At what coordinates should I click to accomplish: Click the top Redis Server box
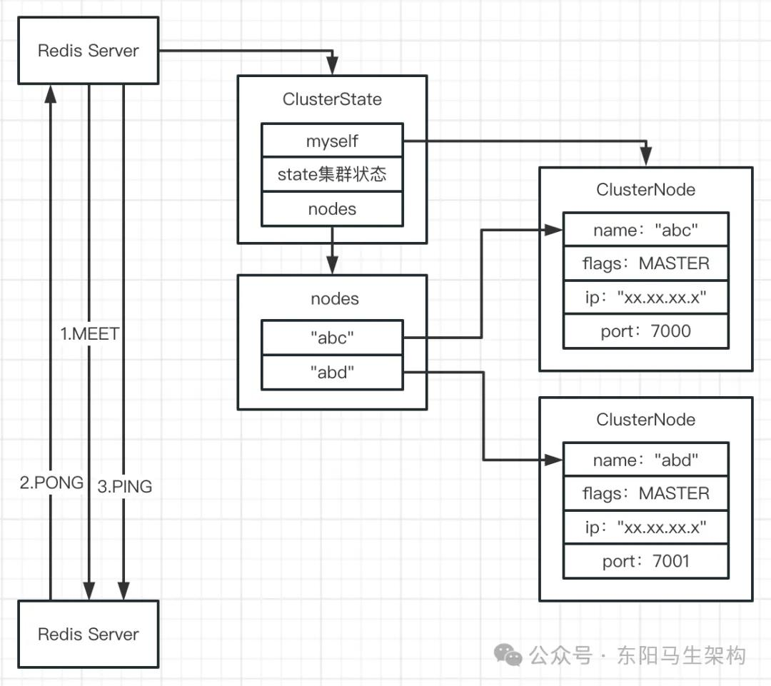(x=88, y=51)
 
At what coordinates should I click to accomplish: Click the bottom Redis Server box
(x=88, y=634)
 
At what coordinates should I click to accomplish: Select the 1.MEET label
(x=90, y=334)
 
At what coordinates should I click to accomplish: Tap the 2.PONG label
(x=51, y=483)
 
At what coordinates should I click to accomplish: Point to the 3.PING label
(x=124, y=486)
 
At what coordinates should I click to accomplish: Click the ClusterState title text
(x=332, y=99)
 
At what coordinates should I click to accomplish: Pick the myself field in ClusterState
(x=332, y=141)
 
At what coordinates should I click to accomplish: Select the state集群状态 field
(x=332, y=175)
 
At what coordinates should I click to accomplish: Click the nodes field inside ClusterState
(x=332, y=209)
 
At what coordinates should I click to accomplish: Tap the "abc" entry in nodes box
(x=332, y=338)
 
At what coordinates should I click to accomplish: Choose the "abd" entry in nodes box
(x=332, y=372)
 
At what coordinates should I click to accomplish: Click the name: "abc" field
(x=645, y=230)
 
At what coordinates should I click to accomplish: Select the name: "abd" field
(x=645, y=460)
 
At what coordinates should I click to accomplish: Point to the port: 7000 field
(x=645, y=331)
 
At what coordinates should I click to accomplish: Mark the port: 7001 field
(x=645, y=561)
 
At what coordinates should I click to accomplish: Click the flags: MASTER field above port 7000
(x=645, y=263)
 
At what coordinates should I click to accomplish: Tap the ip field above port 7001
(x=645, y=528)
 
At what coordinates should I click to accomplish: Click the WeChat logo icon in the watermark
(x=509, y=655)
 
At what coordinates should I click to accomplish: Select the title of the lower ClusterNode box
(x=645, y=419)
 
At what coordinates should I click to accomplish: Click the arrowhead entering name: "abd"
(x=556, y=460)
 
